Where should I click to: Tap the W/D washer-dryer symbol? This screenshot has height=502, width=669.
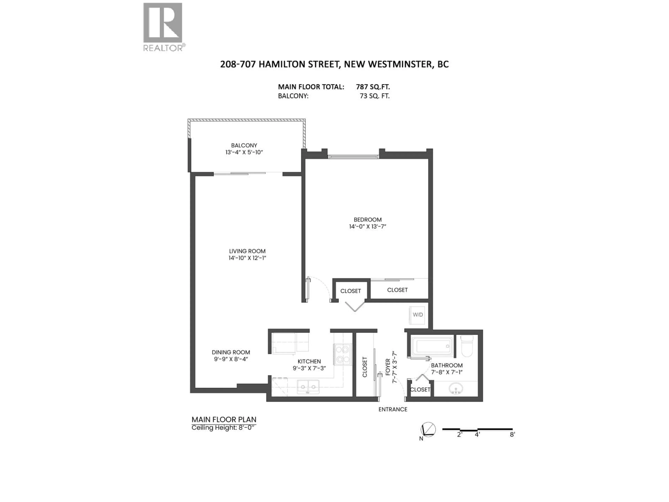click(418, 315)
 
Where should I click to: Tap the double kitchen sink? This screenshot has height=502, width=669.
click(308, 387)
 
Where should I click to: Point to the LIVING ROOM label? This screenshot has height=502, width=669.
click(247, 251)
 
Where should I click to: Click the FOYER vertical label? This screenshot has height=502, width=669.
click(388, 367)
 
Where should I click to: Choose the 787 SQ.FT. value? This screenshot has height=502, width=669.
click(373, 87)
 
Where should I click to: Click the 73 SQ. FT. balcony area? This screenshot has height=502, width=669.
click(374, 96)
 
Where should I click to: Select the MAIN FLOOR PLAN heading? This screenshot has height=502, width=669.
click(224, 419)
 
